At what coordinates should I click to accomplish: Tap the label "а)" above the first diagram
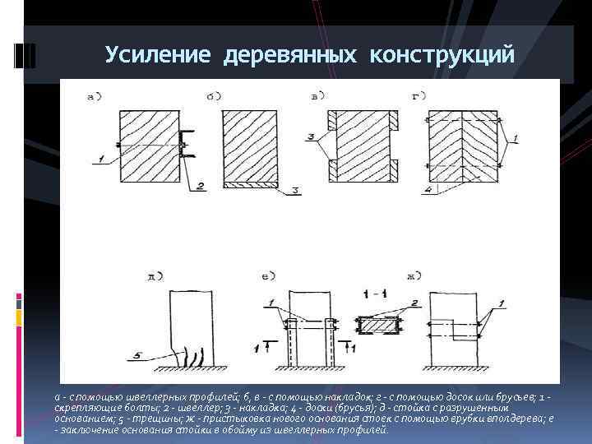pyautogui.click(x=95, y=96)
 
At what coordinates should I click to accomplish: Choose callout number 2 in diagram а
pyautogui.click(x=200, y=187)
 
